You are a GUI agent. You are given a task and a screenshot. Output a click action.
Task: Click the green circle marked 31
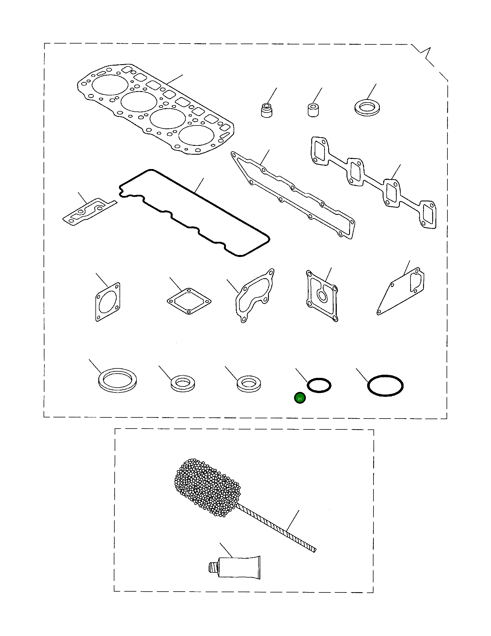pyautogui.click(x=300, y=398)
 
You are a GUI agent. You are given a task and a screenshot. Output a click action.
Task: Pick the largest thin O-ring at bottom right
pyautogui.click(x=385, y=386)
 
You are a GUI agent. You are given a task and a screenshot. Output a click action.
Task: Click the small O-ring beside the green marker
pyautogui.click(x=319, y=386)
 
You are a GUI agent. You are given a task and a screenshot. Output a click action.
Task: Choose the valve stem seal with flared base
pyautogui.click(x=266, y=110)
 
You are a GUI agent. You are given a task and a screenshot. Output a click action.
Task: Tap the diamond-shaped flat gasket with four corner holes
pyautogui.click(x=189, y=301)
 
